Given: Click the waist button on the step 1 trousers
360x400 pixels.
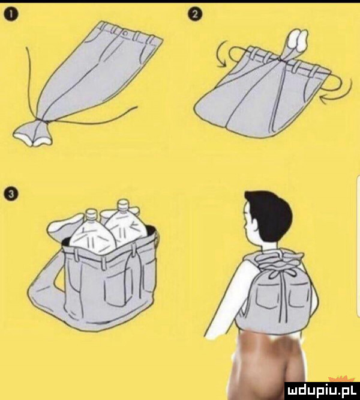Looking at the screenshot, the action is click(x=125, y=34).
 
